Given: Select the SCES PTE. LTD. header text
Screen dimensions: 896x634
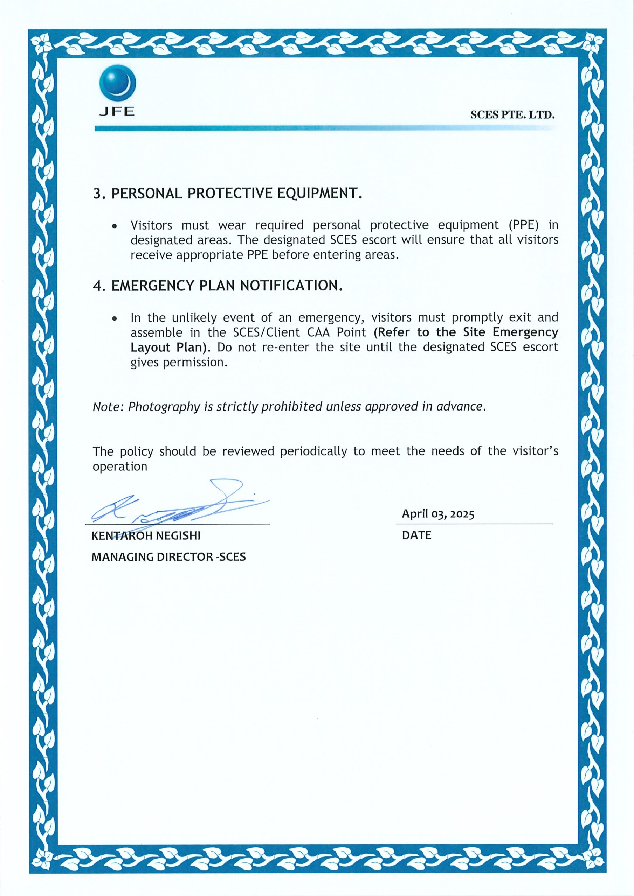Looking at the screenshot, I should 512,115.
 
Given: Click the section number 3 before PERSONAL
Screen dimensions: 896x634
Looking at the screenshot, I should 97,194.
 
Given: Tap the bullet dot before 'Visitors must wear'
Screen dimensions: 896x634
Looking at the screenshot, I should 115,226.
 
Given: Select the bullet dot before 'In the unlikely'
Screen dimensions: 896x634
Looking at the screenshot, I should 115,319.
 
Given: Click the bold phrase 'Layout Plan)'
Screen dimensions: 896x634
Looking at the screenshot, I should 171,348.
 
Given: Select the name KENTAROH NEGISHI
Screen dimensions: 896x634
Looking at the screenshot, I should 146,536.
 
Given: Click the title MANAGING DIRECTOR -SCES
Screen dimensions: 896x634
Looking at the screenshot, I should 168,557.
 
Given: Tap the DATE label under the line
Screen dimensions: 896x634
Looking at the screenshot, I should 416,535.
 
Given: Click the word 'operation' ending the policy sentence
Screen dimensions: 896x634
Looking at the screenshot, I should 119,467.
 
